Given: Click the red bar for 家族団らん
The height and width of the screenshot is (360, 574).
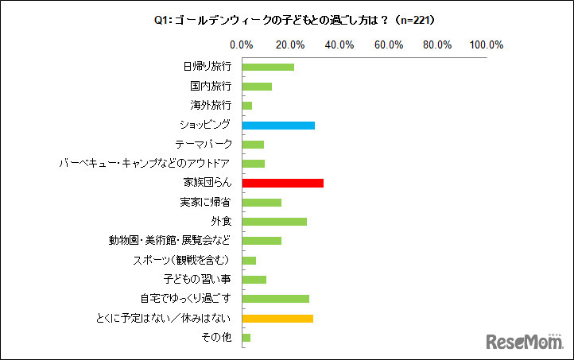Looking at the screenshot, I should (282, 183).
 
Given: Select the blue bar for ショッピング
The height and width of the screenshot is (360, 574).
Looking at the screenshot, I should (278, 125).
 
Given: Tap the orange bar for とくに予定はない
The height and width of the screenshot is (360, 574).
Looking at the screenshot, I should (277, 318).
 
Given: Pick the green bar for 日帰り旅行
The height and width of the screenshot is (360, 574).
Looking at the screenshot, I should (268, 67).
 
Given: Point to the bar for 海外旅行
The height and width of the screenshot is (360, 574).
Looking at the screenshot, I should (247, 106).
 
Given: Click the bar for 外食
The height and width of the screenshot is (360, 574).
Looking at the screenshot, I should (274, 221).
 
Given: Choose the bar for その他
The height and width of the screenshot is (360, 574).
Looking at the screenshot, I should (246, 337).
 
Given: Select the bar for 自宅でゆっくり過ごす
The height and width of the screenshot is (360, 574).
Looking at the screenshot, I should (275, 299).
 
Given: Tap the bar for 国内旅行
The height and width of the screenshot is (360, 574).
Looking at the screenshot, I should (257, 86).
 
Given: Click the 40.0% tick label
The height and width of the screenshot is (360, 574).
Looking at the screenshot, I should (340, 45).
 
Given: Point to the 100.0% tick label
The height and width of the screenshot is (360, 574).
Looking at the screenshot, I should (487, 45).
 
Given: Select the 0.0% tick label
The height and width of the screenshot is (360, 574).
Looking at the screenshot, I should (242, 45).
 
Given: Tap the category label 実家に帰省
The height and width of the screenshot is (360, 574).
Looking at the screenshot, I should (206, 202).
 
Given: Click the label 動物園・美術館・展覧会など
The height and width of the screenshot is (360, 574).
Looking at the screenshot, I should (170, 241).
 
